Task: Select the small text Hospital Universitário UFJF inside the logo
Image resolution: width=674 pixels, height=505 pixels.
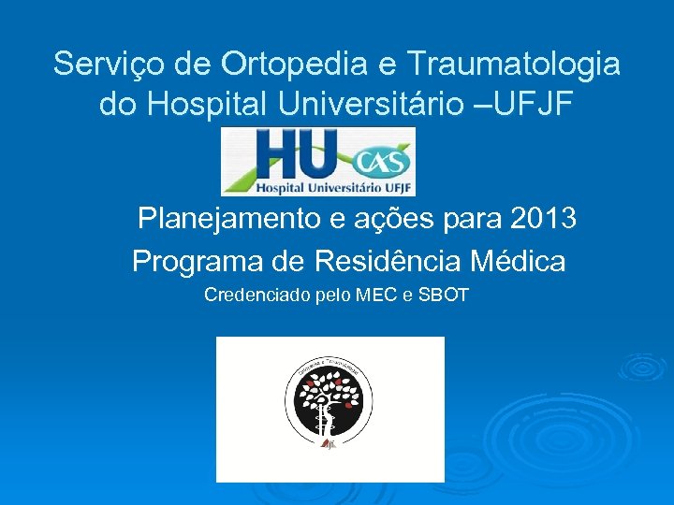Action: tap(318, 186)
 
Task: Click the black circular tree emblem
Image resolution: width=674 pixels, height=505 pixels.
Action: tap(329, 400)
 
